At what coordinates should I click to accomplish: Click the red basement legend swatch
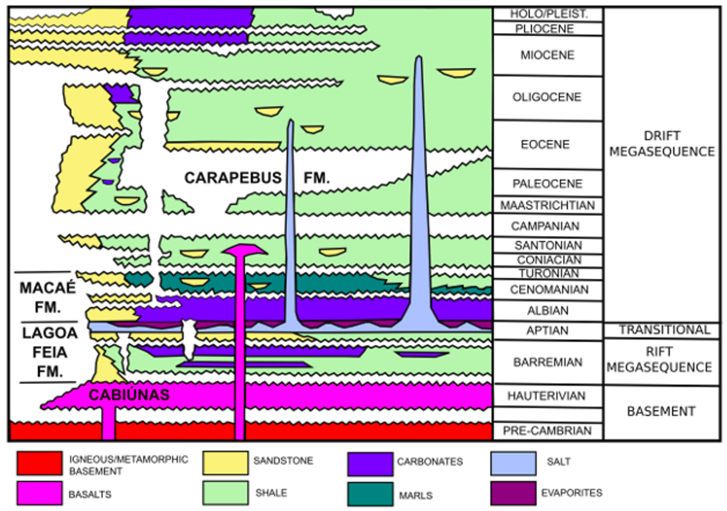click(40, 463)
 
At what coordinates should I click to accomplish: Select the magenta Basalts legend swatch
click(40, 493)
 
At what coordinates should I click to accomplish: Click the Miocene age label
click(547, 55)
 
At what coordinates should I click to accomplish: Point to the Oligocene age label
click(547, 97)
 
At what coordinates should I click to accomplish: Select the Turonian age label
click(549, 273)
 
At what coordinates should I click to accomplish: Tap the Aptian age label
click(547, 331)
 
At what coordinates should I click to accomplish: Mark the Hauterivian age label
click(547, 396)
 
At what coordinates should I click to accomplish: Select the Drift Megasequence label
click(662, 144)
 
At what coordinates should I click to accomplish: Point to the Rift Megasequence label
click(660, 360)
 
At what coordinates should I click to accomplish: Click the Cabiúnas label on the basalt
click(129, 395)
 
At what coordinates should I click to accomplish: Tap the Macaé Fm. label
click(47, 297)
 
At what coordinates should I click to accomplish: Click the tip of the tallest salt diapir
click(419, 58)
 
